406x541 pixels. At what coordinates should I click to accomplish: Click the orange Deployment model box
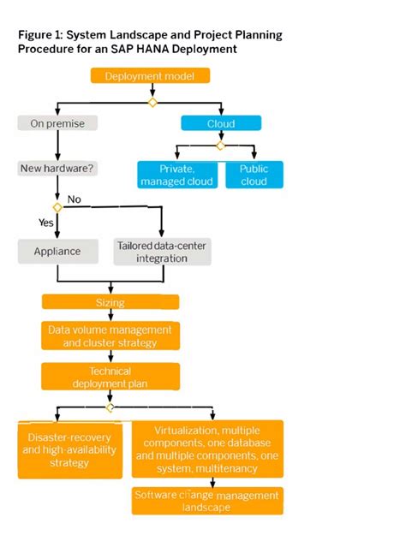point(150,76)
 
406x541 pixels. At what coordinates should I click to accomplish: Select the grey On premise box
point(57,123)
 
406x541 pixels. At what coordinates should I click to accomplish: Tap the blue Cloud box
point(221,123)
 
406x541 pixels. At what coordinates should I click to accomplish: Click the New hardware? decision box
point(57,169)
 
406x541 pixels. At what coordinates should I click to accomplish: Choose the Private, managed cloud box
point(179,175)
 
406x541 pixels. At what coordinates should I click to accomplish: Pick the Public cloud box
point(254,175)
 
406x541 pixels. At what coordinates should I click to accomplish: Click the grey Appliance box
point(57,251)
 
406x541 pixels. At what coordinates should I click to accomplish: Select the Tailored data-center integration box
point(161,251)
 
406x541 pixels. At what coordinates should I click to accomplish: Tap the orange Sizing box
point(110,302)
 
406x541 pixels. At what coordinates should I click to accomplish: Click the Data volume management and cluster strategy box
point(110,336)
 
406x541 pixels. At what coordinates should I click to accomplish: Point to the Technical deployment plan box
point(110,377)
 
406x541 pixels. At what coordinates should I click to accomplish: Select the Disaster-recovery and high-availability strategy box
point(69,449)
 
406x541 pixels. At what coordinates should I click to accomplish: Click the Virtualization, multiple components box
point(207,449)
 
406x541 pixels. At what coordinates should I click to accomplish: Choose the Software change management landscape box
point(207,501)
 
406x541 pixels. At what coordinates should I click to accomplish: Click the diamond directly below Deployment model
point(152,103)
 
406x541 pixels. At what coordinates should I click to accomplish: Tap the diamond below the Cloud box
point(220,146)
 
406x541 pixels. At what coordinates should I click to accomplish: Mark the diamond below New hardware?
point(57,207)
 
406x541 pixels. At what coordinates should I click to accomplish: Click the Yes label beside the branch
point(46,222)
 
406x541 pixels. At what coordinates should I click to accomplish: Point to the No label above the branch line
point(75,199)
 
